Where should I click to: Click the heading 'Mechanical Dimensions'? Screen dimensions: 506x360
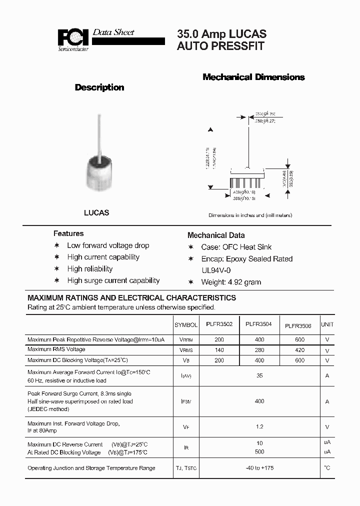coord(253,77)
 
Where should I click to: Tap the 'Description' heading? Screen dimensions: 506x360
coord(99,87)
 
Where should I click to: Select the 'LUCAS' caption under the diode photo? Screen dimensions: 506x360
coord(96,212)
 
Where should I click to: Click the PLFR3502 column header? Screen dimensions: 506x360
coord(219,325)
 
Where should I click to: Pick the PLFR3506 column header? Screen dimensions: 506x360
coord(298,325)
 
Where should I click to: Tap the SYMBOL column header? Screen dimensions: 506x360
coord(186,325)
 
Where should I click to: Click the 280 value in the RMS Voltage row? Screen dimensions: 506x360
coord(259,349)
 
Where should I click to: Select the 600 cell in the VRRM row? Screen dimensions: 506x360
coord(299,339)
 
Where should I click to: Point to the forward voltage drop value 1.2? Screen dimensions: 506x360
coord(259,427)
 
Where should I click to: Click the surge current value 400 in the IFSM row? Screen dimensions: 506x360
coord(259,401)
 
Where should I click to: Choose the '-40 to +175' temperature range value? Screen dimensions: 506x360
coord(259,468)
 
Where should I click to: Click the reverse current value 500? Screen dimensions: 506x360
coord(259,452)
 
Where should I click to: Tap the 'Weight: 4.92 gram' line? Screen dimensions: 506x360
coord(231,282)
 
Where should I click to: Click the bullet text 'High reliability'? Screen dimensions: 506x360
coord(90,269)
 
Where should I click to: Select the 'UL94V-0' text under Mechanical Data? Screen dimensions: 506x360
coord(216,270)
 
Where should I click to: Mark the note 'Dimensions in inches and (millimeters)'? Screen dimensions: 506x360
coord(250,215)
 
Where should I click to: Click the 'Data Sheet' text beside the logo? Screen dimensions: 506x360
coord(113,32)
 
